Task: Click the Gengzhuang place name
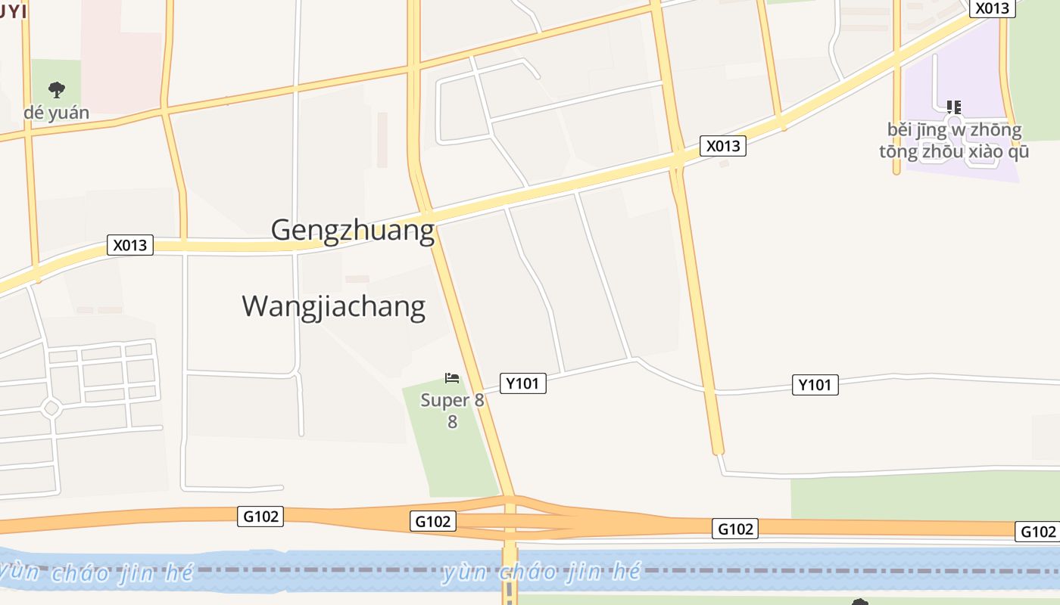[353, 230]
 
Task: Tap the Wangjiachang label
[333, 306]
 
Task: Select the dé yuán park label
[56, 113]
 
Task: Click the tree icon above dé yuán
[56, 90]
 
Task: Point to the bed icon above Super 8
[452, 378]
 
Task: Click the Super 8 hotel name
[452, 400]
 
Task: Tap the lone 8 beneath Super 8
[452, 421]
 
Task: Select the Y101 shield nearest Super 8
[522, 383]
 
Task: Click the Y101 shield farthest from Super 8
[815, 385]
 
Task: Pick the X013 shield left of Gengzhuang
[130, 245]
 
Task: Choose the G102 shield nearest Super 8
[433, 521]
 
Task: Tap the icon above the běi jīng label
[954, 107]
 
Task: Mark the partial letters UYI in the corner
[14, 11]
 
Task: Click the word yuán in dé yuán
[68, 113]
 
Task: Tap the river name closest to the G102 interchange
[541, 572]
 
